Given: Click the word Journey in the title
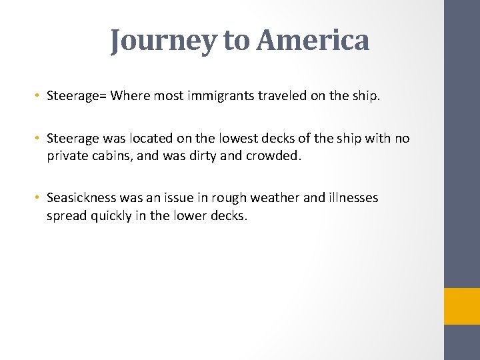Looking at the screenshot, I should coord(163,41).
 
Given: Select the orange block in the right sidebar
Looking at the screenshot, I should coord(462,306).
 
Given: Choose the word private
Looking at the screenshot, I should coord(67,157).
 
